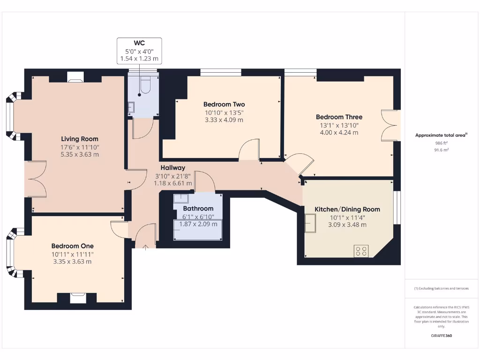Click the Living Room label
80,139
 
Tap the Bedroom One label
72,246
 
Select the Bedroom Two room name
224,104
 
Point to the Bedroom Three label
339,117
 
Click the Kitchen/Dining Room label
347,209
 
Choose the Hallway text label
173,167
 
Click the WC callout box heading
139,43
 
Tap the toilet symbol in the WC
144,85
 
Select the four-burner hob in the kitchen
361,251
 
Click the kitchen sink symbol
310,223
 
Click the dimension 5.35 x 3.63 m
80,155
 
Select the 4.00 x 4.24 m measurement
339,133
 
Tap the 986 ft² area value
442,143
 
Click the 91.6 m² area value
442,150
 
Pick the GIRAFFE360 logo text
442,336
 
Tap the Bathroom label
198,209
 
